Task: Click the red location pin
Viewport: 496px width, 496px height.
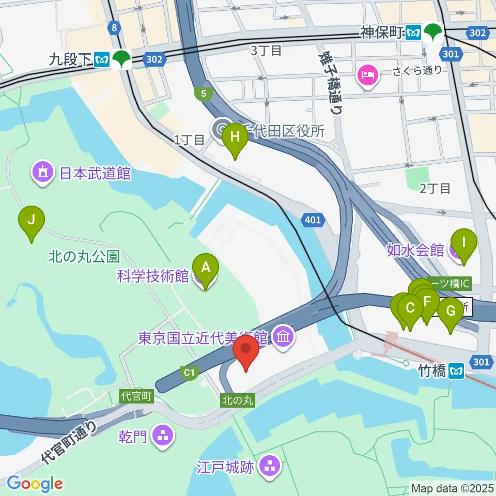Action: pos(246,352)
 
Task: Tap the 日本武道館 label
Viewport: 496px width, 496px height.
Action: pos(95,173)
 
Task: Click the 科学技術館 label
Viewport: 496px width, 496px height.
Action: pos(153,276)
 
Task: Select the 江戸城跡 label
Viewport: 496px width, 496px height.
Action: pos(225,468)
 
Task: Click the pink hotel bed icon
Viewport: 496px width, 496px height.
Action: pos(367,75)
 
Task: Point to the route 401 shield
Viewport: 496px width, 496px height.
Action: pos(313,221)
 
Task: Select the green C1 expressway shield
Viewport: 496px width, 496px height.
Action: pos(191,371)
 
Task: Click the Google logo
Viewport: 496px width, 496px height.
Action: pos(35,484)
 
